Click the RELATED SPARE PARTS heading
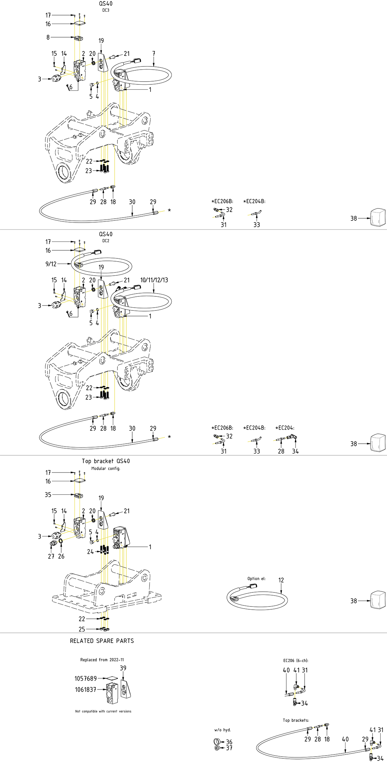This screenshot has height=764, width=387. [102, 641]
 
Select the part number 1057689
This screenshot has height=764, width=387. [85, 679]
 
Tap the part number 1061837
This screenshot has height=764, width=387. [85, 690]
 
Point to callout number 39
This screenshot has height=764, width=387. [123, 668]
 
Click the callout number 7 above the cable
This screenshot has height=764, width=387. [154, 53]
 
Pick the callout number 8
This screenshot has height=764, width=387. [48, 37]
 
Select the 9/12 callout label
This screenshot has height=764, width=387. [51, 264]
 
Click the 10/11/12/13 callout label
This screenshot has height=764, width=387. [154, 280]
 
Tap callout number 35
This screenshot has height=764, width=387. [48, 495]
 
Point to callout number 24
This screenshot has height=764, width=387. [90, 552]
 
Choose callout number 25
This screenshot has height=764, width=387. [82, 629]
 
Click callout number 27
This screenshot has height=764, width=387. [51, 556]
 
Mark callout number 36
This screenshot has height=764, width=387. [229, 742]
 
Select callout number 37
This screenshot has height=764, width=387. [229, 748]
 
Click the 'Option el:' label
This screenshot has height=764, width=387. [256, 579]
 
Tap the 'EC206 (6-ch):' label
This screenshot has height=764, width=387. [296, 661]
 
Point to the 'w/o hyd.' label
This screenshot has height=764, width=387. [222, 730]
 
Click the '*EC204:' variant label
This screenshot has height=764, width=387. [285, 428]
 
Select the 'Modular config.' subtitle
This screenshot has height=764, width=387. [106, 469]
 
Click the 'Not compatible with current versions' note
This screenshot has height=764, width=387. [103, 711]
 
